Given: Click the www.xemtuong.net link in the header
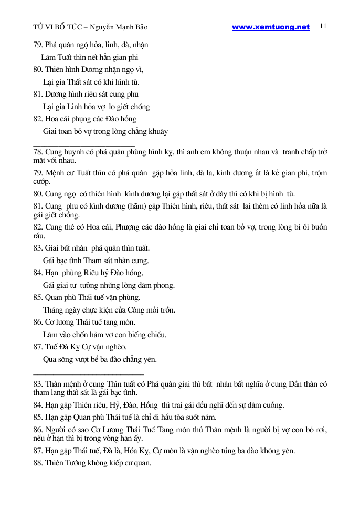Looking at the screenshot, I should coord(271,27).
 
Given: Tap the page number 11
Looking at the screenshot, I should coord(323,26).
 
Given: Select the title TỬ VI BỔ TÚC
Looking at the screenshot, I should coord(55,27).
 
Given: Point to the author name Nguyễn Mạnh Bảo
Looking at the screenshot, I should coord(125,27).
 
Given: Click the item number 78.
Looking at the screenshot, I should coord(38,152).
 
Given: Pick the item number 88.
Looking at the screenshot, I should coord(38,463).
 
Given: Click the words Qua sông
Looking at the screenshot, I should coord(56,359).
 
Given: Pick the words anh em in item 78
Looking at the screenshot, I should coord(218,152).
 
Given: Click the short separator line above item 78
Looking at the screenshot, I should coord(84,144).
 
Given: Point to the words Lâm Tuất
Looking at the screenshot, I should coord(58,57).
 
